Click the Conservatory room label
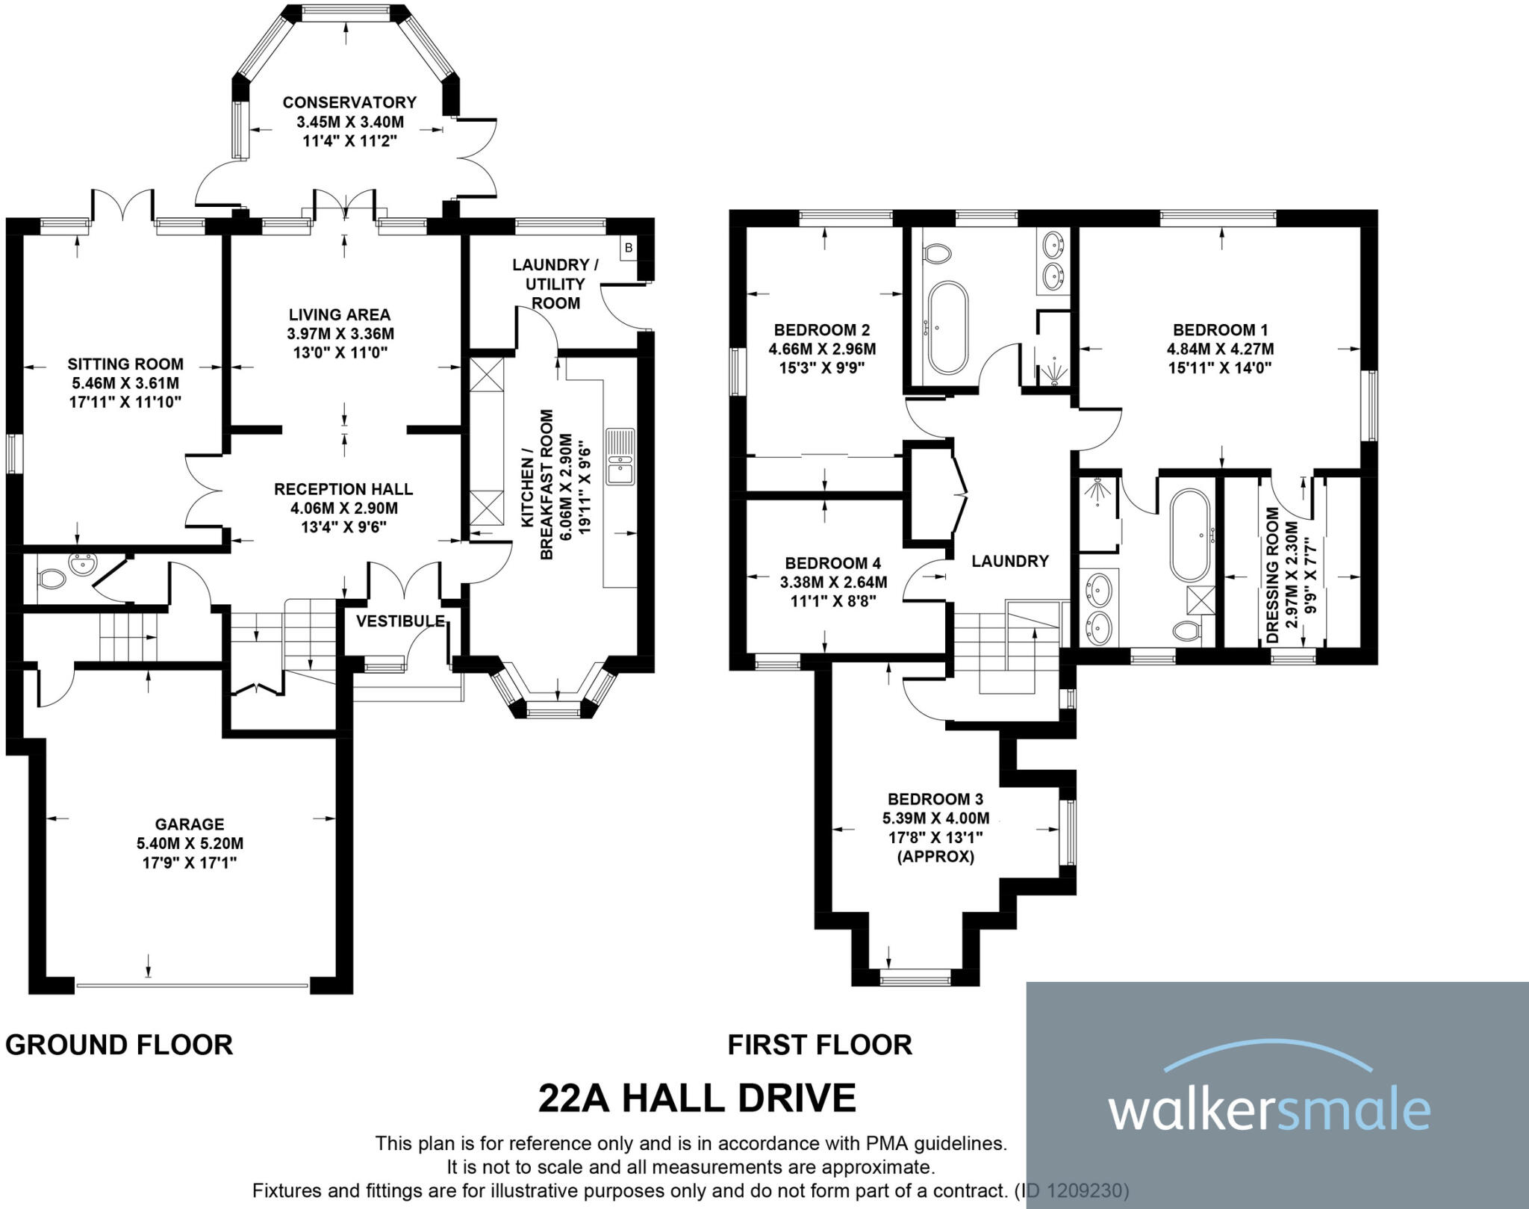(349, 102)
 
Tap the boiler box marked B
(629, 248)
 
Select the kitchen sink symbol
(620, 456)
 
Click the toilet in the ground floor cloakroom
(51, 577)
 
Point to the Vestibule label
(400, 621)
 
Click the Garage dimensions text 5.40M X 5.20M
(190, 844)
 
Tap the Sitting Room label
(125, 364)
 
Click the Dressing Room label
(1274, 575)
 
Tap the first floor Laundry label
(1010, 561)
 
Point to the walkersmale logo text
(1269, 1111)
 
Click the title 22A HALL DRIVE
(697, 1098)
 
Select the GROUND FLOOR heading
(119, 1045)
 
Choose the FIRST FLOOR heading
(820, 1045)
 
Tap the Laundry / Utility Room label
(555, 284)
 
